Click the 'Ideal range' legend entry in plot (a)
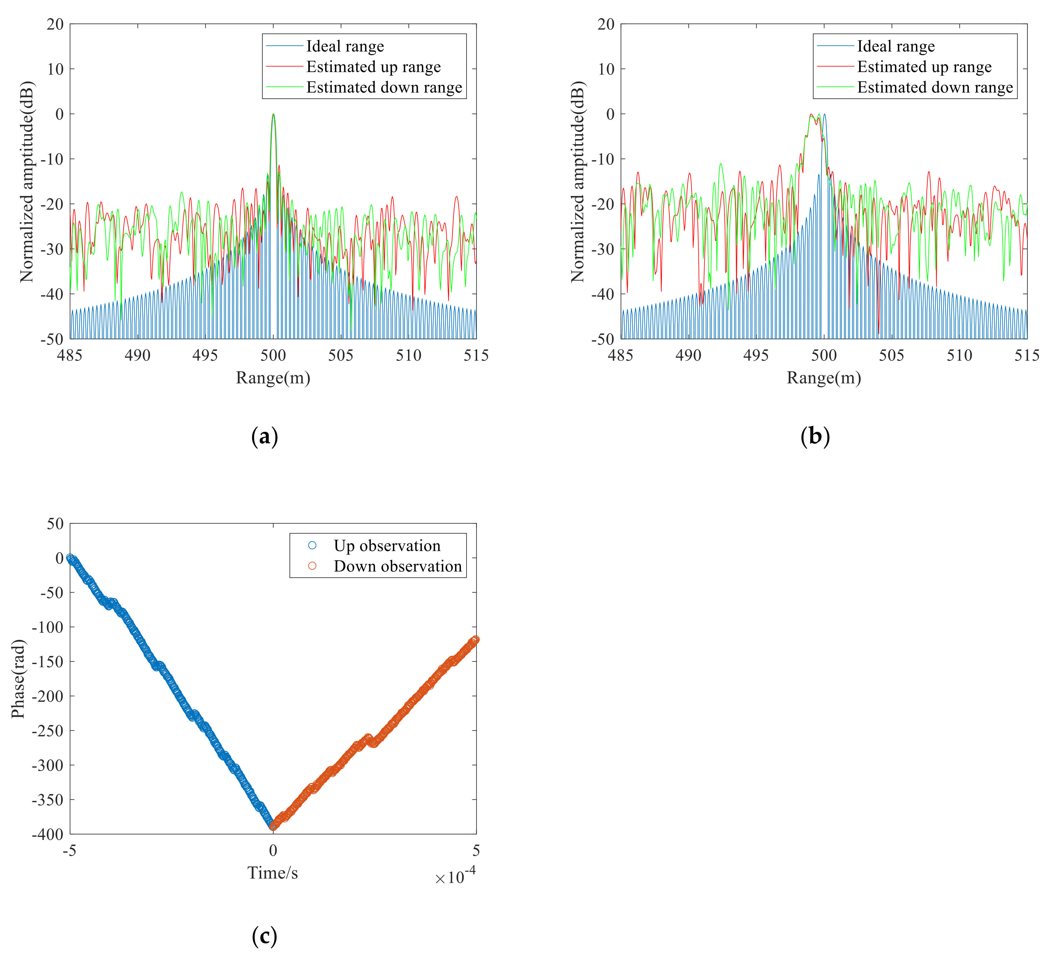(x=345, y=47)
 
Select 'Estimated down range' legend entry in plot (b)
(x=935, y=87)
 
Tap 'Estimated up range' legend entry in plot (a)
(x=373, y=67)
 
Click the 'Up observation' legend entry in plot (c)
(x=387, y=546)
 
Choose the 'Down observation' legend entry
(x=397, y=566)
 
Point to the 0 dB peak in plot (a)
(x=273, y=114)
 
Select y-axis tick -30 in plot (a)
(x=51, y=249)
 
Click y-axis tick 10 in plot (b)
(x=606, y=69)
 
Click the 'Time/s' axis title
(x=272, y=873)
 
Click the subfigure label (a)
(x=265, y=436)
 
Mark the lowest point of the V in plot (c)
(x=273, y=826)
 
